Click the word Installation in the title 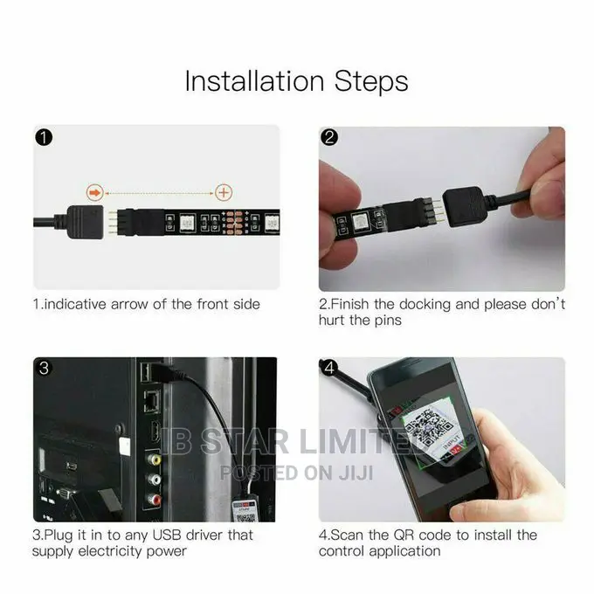(x=254, y=81)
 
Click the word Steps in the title (x=371, y=81)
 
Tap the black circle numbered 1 (x=44, y=137)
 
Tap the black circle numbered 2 (x=329, y=137)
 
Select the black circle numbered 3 (x=44, y=369)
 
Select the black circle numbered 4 (x=329, y=369)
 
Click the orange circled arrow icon (x=94, y=192)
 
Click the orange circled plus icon (x=224, y=192)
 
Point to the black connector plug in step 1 (x=86, y=222)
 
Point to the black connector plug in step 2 (x=466, y=207)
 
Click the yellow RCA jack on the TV (x=155, y=459)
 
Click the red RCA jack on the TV (x=155, y=500)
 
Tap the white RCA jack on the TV (x=155, y=480)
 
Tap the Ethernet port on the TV (x=151, y=403)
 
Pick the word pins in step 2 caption (x=388, y=321)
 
